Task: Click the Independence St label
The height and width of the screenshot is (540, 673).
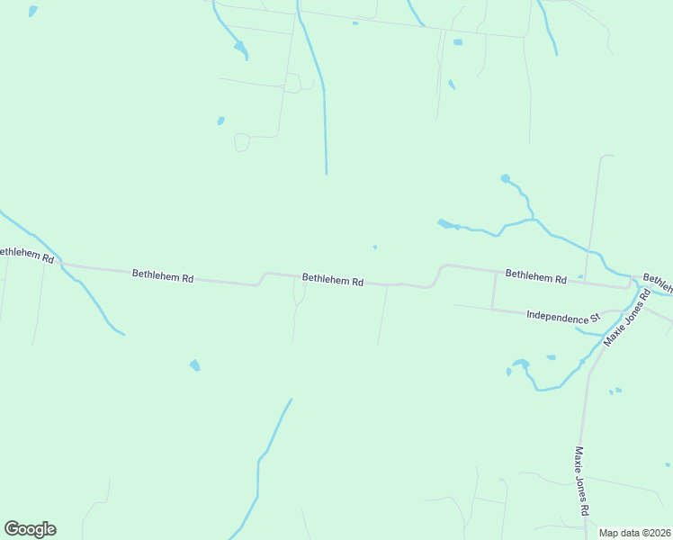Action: pyautogui.click(x=563, y=317)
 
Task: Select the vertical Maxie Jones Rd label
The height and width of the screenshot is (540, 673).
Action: pyautogui.click(x=582, y=481)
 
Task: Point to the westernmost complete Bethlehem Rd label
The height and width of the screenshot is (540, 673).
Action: pyautogui.click(x=163, y=276)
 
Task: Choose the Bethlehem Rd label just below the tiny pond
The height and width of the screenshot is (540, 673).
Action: pyautogui.click(x=333, y=280)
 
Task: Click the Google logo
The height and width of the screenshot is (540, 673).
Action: pyautogui.click(x=30, y=529)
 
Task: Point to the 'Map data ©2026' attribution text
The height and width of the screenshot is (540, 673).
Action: pyautogui.click(x=635, y=533)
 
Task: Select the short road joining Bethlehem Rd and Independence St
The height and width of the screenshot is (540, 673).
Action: pyautogui.click(x=493, y=290)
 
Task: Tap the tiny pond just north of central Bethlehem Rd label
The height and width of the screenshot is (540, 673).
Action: pyautogui.click(x=375, y=247)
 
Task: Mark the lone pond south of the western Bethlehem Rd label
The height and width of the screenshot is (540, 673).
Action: pyautogui.click(x=195, y=365)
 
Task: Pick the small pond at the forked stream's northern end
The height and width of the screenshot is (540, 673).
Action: pyautogui.click(x=506, y=179)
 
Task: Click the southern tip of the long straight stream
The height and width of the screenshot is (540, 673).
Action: pyautogui.click(x=326, y=172)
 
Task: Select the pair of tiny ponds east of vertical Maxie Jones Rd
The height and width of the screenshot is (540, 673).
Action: pyautogui.click(x=615, y=391)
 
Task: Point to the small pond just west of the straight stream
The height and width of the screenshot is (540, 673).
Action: pyautogui.click(x=221, y=121)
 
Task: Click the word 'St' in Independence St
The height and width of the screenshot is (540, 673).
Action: pyautogui.click(x=594, y=319)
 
